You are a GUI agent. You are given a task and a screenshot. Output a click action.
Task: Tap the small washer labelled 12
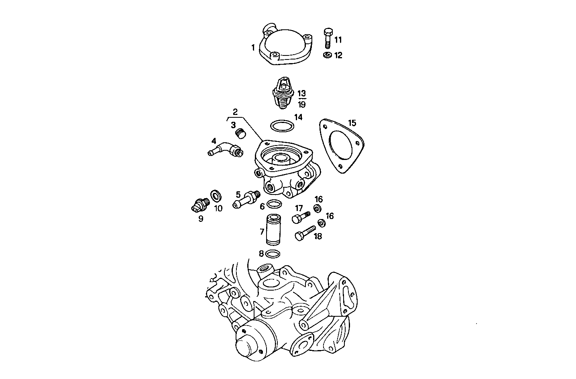pos(327,55)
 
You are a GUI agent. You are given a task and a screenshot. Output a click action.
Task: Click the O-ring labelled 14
pos(283,126)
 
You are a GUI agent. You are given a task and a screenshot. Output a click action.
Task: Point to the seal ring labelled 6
pos(273,205)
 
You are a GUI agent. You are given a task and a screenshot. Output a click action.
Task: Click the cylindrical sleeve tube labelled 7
pos(275,231)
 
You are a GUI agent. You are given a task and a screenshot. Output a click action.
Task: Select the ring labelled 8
pos(273,254)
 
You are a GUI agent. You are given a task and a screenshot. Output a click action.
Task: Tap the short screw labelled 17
pos(299,217)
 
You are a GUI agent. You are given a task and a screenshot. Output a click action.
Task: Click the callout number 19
pos(302,104)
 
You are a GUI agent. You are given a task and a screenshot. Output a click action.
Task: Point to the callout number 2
pos(235,111)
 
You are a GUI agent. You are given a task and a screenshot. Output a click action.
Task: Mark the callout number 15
pos(352,123)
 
